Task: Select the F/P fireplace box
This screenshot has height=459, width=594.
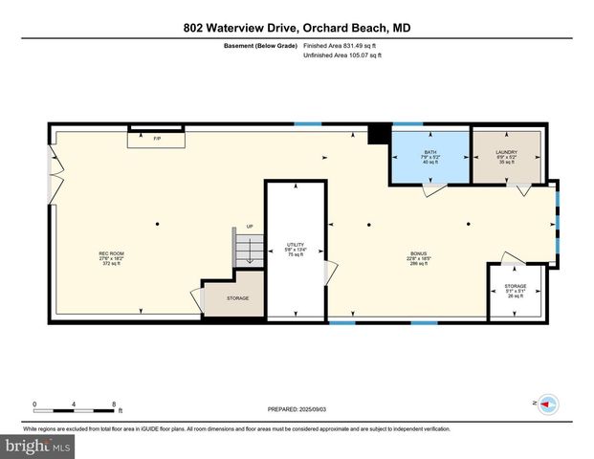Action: tap(157, 139)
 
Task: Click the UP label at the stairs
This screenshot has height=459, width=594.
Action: tap(250, 227)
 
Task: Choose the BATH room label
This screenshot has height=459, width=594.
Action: tap(429, 156)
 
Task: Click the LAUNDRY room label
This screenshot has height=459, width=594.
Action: tap(507, 156)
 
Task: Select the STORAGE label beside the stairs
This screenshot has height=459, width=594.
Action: tap(238, 298)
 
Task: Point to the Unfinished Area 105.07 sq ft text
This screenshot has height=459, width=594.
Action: tap(342, 56)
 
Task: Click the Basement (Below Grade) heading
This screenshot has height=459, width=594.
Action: tap(260, 45)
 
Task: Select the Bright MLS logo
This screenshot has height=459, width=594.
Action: tap(37, 446)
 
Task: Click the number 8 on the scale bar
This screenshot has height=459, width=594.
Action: tap(114, 403)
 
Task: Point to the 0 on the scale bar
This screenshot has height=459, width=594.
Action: tap(34, 403)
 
